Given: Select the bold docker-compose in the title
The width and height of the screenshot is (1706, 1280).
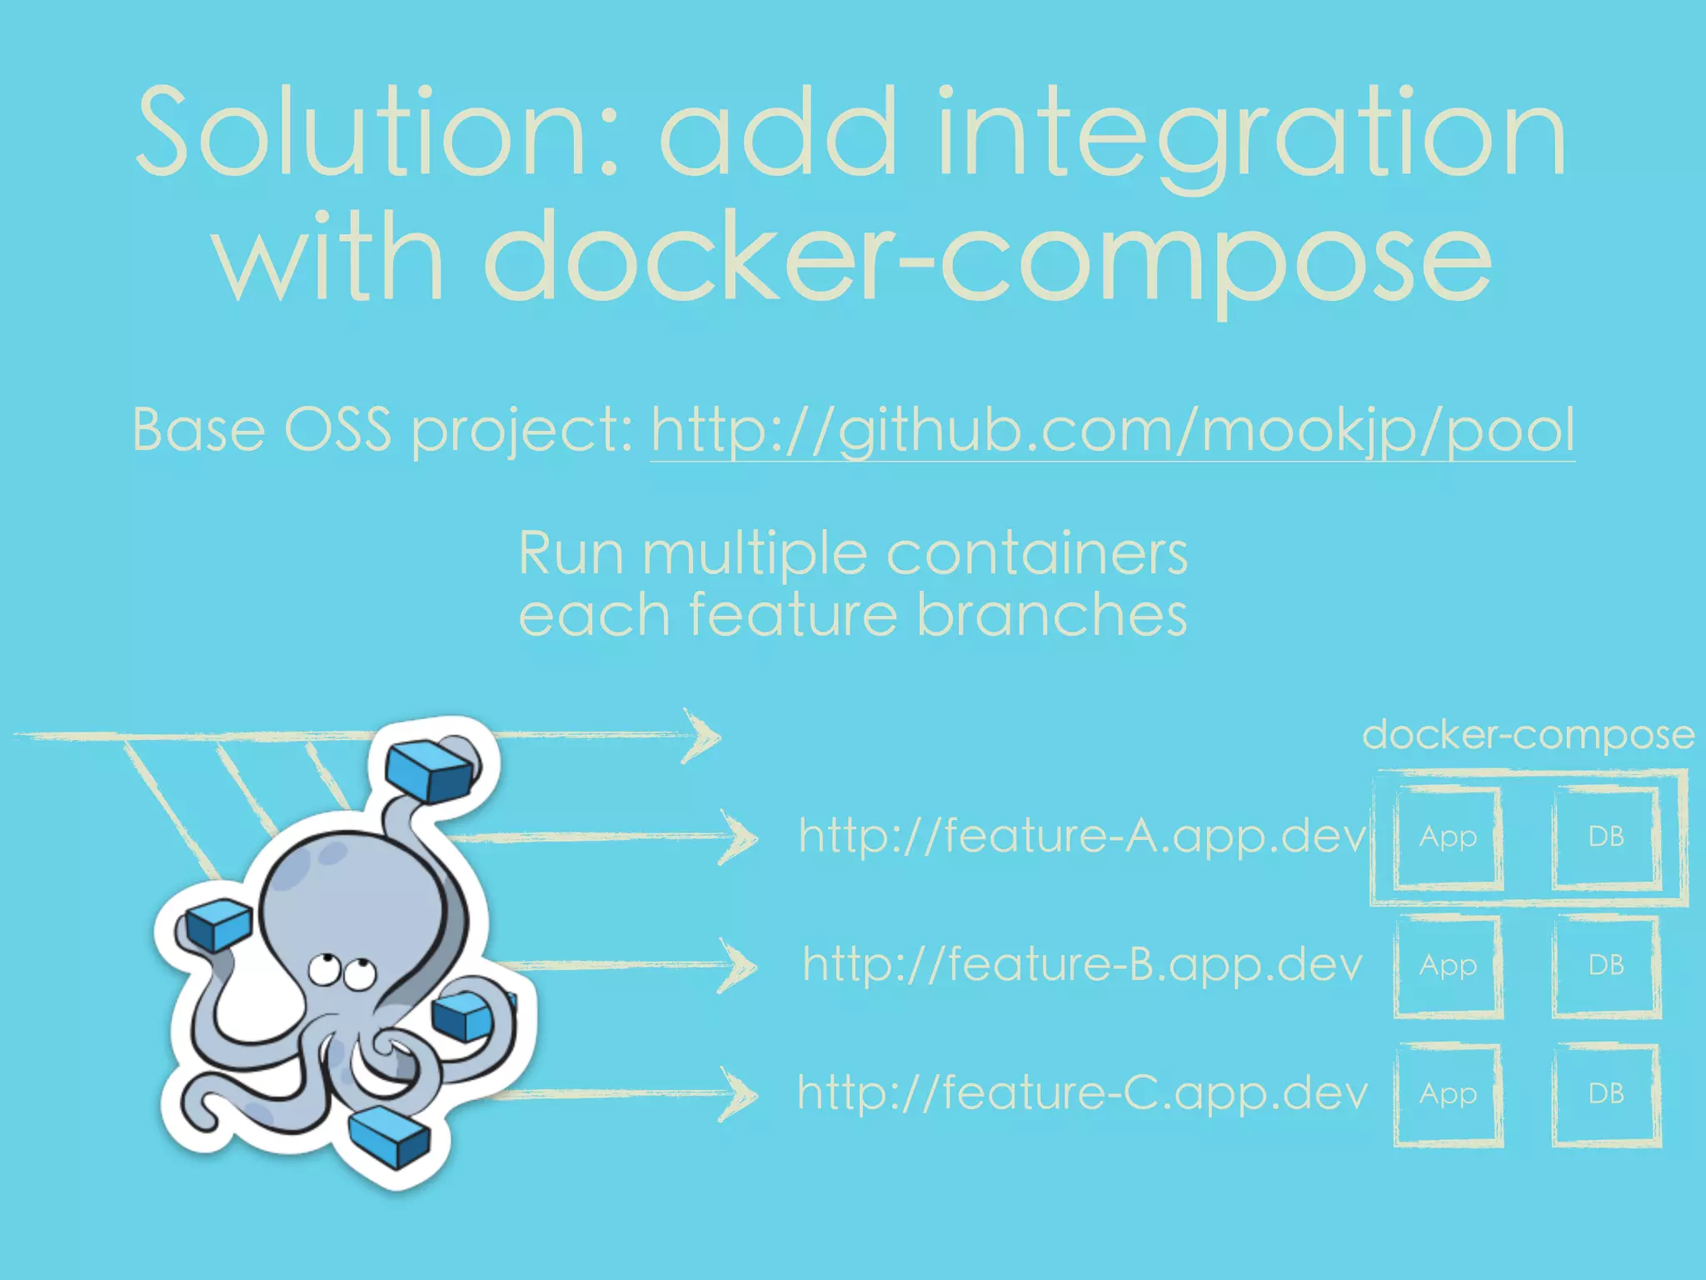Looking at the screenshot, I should coord(987,258).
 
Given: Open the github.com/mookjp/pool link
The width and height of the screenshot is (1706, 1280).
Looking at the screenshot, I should coord(1112,431).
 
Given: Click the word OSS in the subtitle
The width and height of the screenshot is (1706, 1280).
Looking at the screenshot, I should coord(337,431).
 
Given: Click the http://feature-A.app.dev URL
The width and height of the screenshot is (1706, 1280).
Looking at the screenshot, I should coord(1081,836).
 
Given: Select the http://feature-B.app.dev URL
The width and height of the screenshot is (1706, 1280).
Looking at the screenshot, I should coord(1081,965).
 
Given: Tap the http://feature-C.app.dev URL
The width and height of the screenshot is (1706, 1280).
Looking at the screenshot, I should coord(1081,1093).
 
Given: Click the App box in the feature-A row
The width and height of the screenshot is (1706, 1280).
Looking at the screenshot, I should coord(1448,837).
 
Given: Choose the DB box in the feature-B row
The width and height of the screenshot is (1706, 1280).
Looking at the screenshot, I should coord(1606,965).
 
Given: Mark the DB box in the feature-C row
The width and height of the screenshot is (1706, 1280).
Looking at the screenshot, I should coord(1606,1093).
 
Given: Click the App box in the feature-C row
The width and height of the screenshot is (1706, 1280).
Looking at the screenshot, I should coord(1448,1093).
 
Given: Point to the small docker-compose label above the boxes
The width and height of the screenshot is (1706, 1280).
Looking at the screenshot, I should coord(1528,735).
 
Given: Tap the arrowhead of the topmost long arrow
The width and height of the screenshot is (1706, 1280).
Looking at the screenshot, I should coord(701,736).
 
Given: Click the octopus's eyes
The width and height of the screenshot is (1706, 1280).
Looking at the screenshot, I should coord(342,971).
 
